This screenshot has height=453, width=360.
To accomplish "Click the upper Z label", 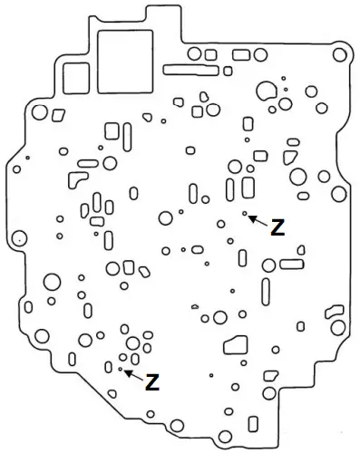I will (x=277, y=228).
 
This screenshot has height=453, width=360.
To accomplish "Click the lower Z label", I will (x=152, y=381).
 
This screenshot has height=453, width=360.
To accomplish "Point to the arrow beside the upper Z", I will (x=258, y=219).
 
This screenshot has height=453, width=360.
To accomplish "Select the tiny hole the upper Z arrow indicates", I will (x=245, y=213).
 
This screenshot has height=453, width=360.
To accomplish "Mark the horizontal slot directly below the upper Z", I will (x=292, y=264).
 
